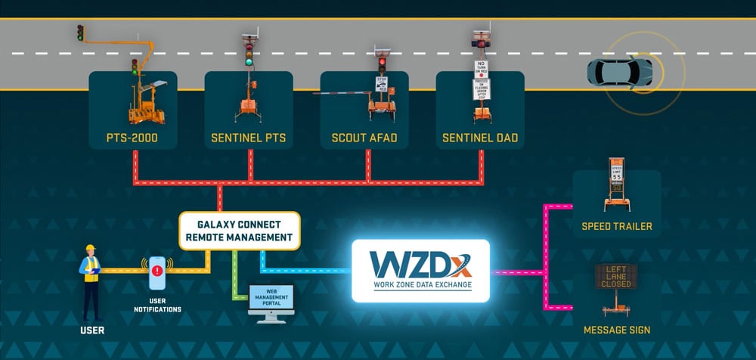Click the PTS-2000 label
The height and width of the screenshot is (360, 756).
pos(132,139)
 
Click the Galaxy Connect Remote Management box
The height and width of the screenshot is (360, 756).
pos(240,231)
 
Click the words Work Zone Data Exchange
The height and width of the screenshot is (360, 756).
pos(420,285)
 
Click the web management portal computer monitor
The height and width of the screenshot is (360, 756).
pos(271,299)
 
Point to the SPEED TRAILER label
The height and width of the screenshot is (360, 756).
pos(617,226)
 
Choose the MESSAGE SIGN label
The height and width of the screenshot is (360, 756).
pos(616,331)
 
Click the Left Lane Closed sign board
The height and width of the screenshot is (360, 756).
pos(616,278)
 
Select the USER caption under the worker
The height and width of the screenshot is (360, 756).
pos(92,330)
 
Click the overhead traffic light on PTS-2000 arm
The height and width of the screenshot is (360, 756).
pos(80,33)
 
